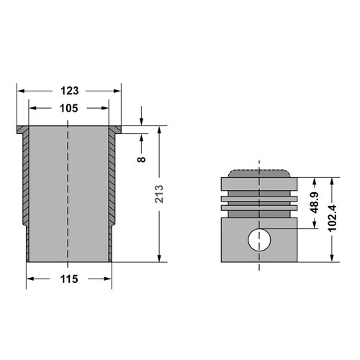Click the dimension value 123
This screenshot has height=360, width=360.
[69, 91]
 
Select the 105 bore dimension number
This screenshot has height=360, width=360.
[69, 108]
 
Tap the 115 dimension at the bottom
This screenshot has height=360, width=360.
[69, 279]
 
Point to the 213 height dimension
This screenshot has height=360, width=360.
[159, 194]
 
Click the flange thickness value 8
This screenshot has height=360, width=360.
[142, 159]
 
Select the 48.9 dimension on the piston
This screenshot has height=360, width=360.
[315, 202]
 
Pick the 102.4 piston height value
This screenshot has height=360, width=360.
[333, 218]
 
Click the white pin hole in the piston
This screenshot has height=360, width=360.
[259, 240]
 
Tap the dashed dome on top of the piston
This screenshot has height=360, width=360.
[259, 174]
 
